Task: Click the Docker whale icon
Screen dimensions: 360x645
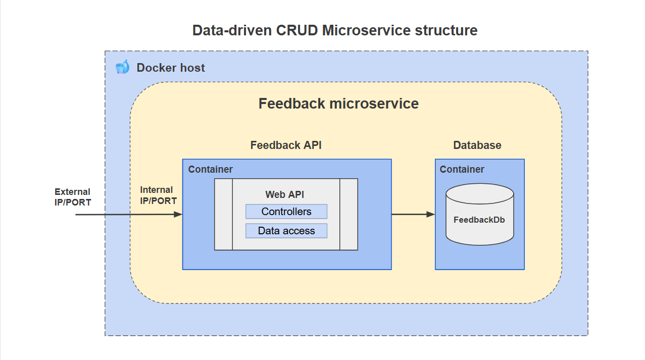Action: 122,67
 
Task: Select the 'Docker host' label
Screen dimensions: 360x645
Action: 171,68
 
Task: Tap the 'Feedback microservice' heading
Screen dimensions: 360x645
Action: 338,104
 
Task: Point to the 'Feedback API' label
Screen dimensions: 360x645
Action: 286,145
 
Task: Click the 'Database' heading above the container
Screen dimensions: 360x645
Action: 477,145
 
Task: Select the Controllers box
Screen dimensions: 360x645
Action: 286,212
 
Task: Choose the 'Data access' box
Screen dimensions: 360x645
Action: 286,231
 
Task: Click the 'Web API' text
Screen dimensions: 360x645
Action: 285,194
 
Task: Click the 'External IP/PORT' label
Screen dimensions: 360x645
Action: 73,197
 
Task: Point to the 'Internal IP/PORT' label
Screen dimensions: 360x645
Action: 158,195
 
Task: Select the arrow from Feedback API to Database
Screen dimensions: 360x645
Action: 413,215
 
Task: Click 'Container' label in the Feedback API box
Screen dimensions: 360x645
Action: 211,169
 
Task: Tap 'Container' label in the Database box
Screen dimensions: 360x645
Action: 462,169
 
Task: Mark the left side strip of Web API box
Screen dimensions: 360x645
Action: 223,214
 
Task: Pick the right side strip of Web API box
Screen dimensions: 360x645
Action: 349,214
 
